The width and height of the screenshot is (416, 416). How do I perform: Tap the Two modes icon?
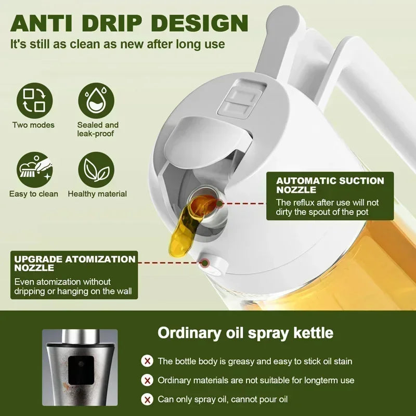[34, 100]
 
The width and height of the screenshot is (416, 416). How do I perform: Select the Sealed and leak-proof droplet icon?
[97, 100]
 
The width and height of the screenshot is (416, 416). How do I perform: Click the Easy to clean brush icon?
[34, 169]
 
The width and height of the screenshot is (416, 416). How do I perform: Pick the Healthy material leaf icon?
[97, 169]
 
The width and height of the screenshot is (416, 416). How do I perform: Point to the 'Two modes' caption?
[34, 125]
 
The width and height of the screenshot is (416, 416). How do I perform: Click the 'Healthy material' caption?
[97, 194]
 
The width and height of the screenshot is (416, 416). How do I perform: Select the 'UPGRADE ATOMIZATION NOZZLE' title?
[75, 263]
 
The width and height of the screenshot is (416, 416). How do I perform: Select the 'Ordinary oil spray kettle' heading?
[245, 332]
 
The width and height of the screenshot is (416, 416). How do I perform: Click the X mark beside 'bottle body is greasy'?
[148, 361]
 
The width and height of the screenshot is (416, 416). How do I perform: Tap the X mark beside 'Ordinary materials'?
[148, 380]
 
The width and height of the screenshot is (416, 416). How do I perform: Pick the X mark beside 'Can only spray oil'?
[148, 399]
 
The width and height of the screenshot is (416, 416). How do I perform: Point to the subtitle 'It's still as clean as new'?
[118, 44]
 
